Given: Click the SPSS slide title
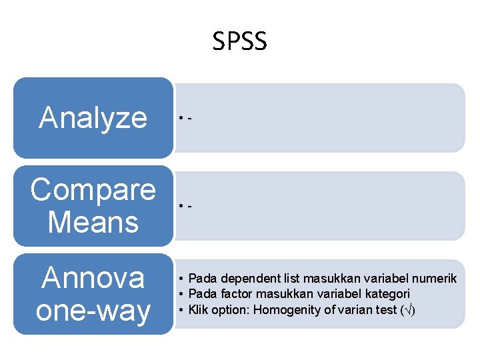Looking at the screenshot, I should click(240, 42).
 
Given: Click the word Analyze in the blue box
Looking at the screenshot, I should click(93, 118).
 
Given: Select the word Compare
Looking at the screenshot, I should click(93, 190).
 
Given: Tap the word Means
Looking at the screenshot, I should click(93, 222).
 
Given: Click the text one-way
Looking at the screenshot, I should click(93, 311).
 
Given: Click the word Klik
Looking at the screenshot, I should click(199, 309).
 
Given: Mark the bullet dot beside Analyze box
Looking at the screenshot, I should click(180, 119).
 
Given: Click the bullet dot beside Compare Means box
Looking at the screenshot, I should click(180, 206).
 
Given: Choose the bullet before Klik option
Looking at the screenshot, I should click(181, 309).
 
